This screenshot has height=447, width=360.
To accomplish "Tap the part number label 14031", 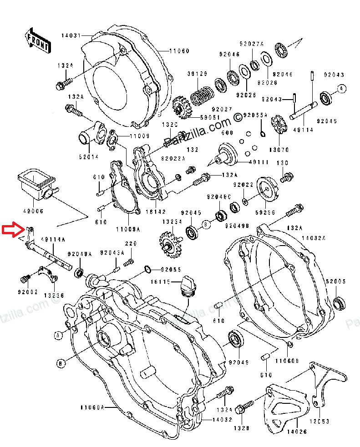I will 71,35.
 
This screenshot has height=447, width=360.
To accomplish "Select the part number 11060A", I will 92,407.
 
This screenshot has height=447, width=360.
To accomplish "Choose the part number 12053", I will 321,422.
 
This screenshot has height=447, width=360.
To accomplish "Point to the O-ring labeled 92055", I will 147,269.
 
